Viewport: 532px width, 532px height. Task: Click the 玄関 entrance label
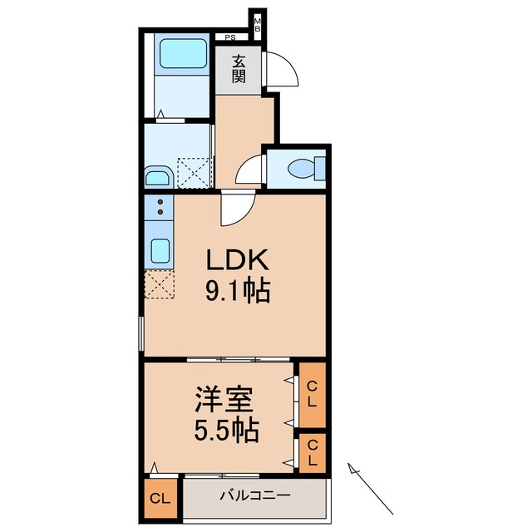239,69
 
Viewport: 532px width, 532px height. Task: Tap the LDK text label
238,261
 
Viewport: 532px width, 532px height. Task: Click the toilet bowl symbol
301,170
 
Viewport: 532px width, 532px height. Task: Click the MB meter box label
258,25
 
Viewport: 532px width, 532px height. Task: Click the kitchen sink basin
158,251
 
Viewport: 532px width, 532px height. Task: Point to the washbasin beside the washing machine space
157,176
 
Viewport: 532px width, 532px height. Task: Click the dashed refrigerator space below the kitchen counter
158,283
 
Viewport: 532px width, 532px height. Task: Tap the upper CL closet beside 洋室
312,392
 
